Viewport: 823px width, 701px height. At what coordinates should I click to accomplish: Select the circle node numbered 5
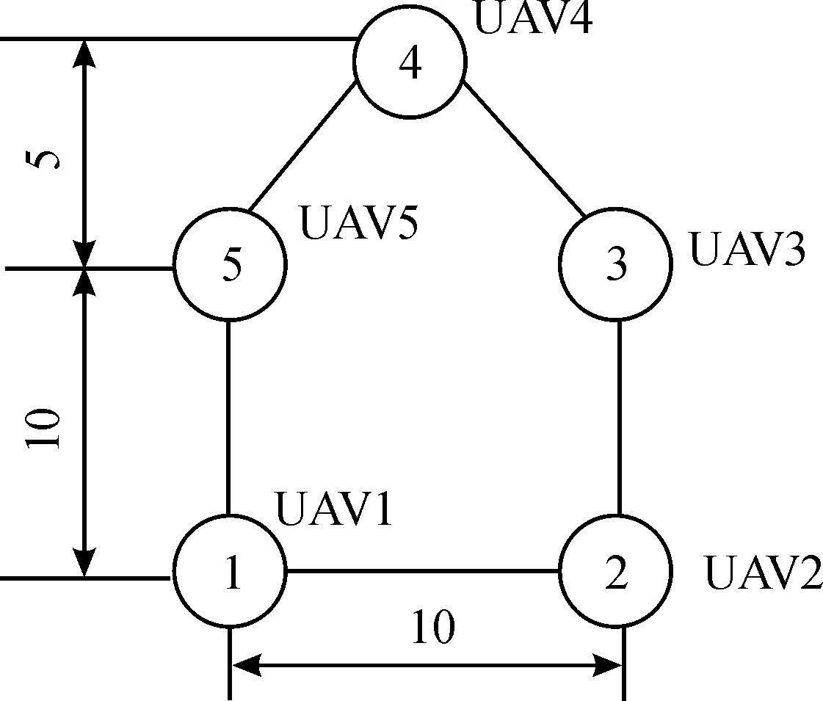(x=230, y=265)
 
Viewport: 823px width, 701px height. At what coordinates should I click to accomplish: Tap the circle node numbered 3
(x=616, y=263)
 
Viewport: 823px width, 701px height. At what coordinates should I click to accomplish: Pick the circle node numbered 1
(x=230, y=573)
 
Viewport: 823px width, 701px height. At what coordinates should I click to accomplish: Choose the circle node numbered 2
(x=616, y=573)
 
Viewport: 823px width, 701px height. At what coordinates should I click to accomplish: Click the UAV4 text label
(x=533, y=18)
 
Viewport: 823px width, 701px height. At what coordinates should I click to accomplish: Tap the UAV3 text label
(x=747, y=250)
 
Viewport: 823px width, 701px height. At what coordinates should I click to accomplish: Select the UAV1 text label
(x=334, y=509)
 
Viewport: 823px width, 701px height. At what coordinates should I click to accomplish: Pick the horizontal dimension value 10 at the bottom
(x=433, y=627)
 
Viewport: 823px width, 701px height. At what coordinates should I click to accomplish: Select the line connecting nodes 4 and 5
(x=302, y=149)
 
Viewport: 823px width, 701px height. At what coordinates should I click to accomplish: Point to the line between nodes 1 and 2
(x=422, y=570)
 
